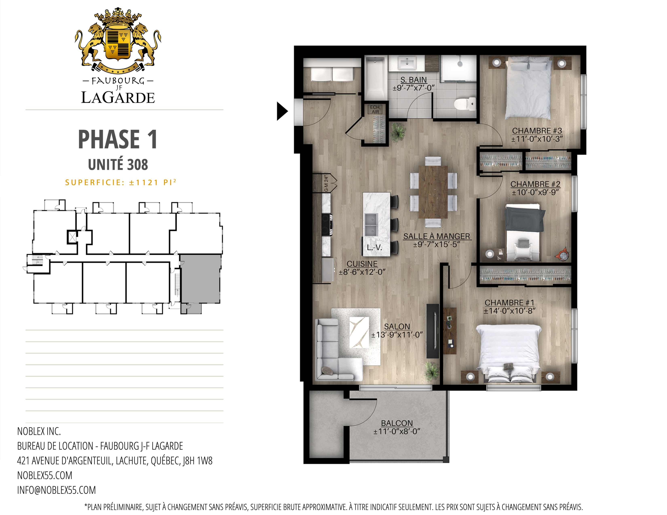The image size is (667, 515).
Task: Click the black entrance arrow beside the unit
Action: pyautogui.click(x=282, y=111)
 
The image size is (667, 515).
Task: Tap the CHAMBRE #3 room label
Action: pyautogui.click(x=537, y=131)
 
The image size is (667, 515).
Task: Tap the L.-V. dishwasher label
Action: pyautogui.click(x=374, y=247)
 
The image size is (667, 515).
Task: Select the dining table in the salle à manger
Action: pyautogui.click(x=433, y=192)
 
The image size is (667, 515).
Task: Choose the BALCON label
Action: pyautogui.click(x=397, y=423)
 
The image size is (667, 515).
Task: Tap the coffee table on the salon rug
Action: pyautogui.click(x=359, y=332)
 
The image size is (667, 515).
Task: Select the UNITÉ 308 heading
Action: pyautogui.click(x=118, y=165)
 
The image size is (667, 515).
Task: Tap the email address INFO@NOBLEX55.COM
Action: pyautogui.click(x=57, y=490)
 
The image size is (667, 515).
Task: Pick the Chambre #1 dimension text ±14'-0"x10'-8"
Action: pyautogui.click(x=509, y=311)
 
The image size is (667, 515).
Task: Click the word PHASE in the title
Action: pyautogui.click(x=109, y=139)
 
